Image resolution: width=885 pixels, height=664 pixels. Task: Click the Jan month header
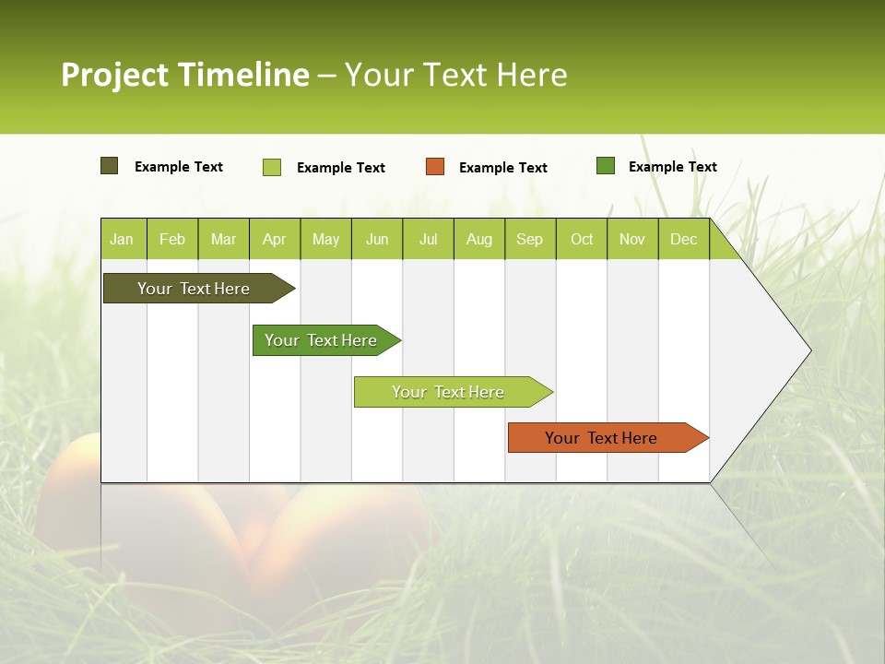(x=123, y=239)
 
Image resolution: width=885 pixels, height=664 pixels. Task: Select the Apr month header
(x=275, y=239)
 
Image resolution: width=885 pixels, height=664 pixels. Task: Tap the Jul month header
(x=428, y=239)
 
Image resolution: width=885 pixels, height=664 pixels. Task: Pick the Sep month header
(x=530, y=239)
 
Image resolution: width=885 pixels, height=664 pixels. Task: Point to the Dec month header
(x=683, y=239)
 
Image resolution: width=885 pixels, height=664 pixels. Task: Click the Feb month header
(x=172, y=239)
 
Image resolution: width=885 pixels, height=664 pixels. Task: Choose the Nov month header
(x=632, y=239)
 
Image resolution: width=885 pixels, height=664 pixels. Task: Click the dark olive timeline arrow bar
(x=195, y=289)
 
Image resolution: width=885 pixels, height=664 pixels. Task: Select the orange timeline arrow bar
(x=603, y=438)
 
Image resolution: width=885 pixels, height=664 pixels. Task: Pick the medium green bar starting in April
(x=323, y=340)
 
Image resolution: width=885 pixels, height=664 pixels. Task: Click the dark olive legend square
(x=109, y=166)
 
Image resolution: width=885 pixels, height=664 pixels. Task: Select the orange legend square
(x=435, y=166)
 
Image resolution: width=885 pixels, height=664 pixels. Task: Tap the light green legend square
(x=272, y=167)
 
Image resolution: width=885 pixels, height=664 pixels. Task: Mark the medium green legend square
(x=606, y=166)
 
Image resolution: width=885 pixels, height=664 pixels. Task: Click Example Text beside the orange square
(x=502, y=168)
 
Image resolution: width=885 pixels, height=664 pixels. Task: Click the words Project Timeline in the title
(x=185, y=75)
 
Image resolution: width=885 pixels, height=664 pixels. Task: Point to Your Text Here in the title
(x=456, y=75)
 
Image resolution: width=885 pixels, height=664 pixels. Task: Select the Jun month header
(x=377, y=239)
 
